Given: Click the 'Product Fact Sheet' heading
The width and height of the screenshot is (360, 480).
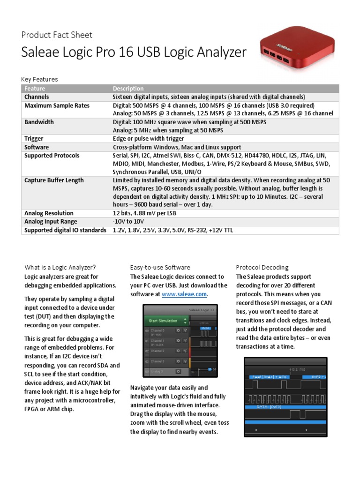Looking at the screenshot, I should coord(57,35).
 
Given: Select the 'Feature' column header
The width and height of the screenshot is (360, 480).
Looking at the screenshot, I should coord(35,89).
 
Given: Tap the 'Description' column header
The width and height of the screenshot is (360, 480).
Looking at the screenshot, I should coord(128,89).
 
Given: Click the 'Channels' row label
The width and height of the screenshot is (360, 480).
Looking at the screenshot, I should coord(37,97).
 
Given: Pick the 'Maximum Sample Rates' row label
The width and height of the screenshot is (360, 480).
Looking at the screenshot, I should coord(57,105).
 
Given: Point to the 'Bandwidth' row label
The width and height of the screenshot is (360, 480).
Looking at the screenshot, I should coord(39,122).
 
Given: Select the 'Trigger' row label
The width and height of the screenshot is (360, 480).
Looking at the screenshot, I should coord(34,139).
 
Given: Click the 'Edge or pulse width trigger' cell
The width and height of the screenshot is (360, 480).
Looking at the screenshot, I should coord(149,139).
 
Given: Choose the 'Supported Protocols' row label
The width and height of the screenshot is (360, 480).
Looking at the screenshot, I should coord(52,156).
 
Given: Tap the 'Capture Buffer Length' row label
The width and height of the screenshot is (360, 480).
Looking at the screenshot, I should coord(54,180).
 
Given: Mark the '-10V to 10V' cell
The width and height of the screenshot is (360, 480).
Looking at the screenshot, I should coord(127,222).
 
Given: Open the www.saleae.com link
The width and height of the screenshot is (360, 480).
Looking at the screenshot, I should coord(184,294).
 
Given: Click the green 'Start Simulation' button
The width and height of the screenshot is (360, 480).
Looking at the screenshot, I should coord(163,321).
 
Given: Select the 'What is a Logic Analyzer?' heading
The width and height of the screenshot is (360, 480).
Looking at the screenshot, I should coord(60,267).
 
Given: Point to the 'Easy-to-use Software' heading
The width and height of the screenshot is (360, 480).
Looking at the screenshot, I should coord(160,267).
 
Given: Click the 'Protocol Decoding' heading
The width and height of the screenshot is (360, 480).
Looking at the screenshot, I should coord(262,267).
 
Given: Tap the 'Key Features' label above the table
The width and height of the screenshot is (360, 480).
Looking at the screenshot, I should coord(40,79).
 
